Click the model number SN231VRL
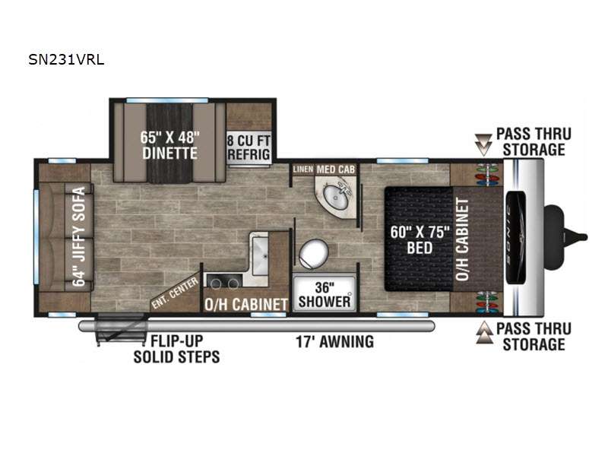tap(66, 60)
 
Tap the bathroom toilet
tap(313, 254)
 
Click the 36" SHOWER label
tap(325, 294)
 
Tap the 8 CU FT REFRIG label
tap(249, 147)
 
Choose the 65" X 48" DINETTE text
tap(169, 145)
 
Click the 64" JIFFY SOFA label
tap(79, 236)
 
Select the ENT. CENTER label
tap(175, 293)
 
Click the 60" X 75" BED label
tap(420, 239)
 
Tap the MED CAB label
tap(335, 169)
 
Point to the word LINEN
tap(303, 169)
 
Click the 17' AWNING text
tap(335, 341)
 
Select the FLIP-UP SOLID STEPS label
tap(176, 349)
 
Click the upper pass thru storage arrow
tap(483, 144)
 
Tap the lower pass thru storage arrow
tap(484, 333)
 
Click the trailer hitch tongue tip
tap(585, 236)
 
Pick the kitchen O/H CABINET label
tap(246, 305)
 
